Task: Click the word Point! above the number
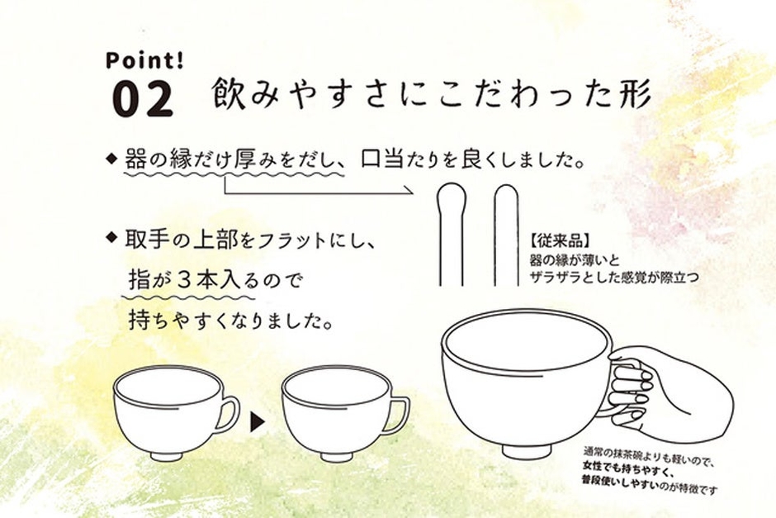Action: [144, 60]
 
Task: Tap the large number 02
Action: [143, 99]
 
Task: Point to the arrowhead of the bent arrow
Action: [409, 191]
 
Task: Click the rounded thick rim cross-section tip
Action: [451, 195]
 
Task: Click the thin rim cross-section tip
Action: [506, 193]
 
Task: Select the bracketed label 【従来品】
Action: [559, 243]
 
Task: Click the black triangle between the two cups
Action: [257, 422]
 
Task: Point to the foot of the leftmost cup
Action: [167, 455]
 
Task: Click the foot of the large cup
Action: [527, 450]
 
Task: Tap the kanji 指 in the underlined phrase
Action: [139, 280]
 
